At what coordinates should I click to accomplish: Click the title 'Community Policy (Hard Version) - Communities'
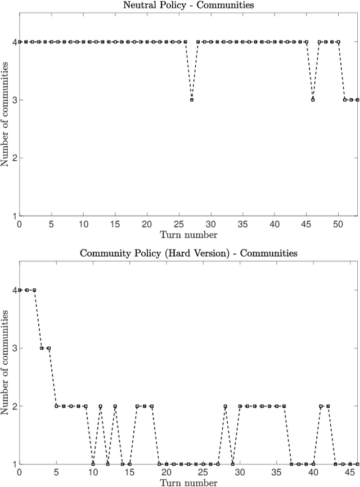(x=187, y=253)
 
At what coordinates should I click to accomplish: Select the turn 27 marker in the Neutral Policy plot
(x=192, y=100)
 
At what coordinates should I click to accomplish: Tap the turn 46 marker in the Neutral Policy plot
(x=313, y=100)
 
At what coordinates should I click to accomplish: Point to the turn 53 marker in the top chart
(x=357, y=100)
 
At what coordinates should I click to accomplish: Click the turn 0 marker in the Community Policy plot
(x=19, y=290)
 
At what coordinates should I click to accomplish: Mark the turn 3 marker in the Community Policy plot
(x=42, y=348)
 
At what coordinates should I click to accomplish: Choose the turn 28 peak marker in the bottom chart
(x=225, y=406)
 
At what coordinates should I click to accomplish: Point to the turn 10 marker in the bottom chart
(x=93, y=464)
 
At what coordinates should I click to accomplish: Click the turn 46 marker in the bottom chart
(x=357, y=464)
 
